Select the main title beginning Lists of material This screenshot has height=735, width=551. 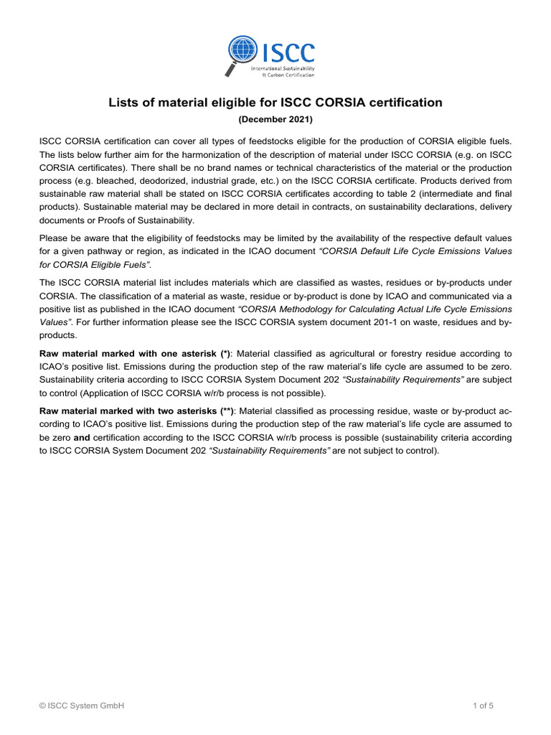click(275, 103)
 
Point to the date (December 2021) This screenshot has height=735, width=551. click(275, 119)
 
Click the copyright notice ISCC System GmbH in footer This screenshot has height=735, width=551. click(82, 706)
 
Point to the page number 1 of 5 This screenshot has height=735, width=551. click(484, 706)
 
